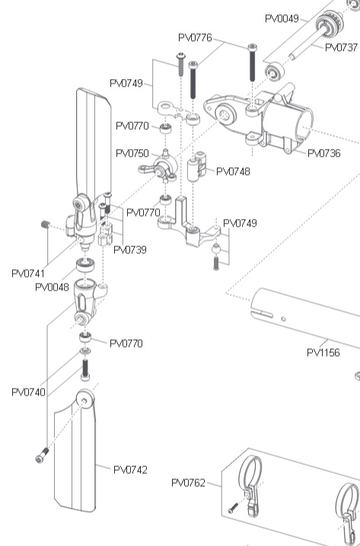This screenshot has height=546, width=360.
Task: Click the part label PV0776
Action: [x=195, y=37]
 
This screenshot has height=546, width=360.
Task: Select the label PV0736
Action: [x=324, y=153]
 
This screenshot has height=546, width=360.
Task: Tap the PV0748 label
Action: [x=233, y=171]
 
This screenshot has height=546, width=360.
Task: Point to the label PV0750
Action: [x=132, y=153]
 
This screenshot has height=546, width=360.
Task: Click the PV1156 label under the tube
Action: [x=323, y=353]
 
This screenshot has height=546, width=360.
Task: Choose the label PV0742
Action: [x=130, y=470]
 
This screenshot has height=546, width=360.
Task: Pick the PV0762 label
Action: [x=188, y=483]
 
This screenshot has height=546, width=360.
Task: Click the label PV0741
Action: [x=28, y=273]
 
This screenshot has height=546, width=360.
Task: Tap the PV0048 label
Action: [x=52, y=287]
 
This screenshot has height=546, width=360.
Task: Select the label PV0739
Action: [x=130, y=249]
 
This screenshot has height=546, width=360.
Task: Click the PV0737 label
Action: [x=341, y=47]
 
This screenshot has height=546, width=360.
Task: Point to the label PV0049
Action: [x=282, y=18]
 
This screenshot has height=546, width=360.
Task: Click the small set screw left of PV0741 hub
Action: [x=46, y=224]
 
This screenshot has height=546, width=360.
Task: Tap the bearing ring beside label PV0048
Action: [x=85, y=265]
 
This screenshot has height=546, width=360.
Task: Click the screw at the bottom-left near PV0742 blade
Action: [x=42, y=456]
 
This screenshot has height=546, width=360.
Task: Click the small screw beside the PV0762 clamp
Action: [x=233, y=508]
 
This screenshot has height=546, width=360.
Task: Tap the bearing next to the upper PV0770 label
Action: [x=165, y=129]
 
